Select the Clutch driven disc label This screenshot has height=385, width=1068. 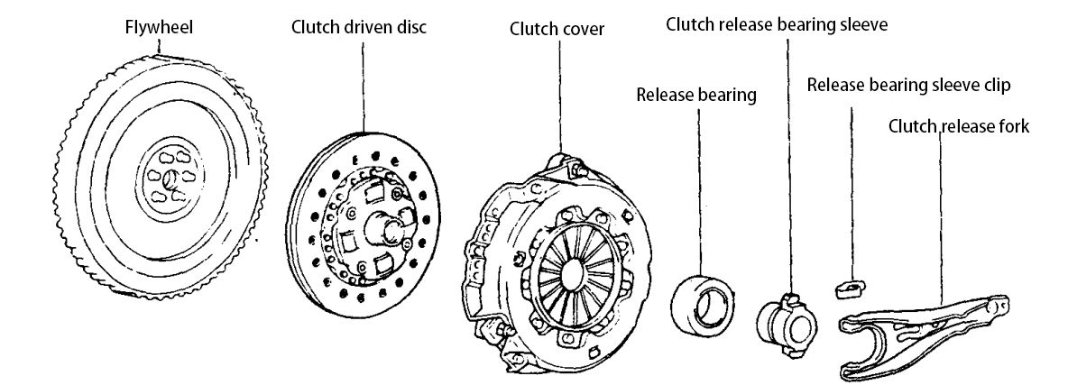coord(359,27)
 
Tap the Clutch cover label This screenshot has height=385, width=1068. coord(557,30)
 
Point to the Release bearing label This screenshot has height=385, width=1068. coord(695,95)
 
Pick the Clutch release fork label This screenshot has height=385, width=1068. coord(959,126)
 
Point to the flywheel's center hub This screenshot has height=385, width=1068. coord(169,183)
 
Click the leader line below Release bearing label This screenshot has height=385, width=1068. coord(699,180)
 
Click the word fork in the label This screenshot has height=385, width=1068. coord(1015,126)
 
